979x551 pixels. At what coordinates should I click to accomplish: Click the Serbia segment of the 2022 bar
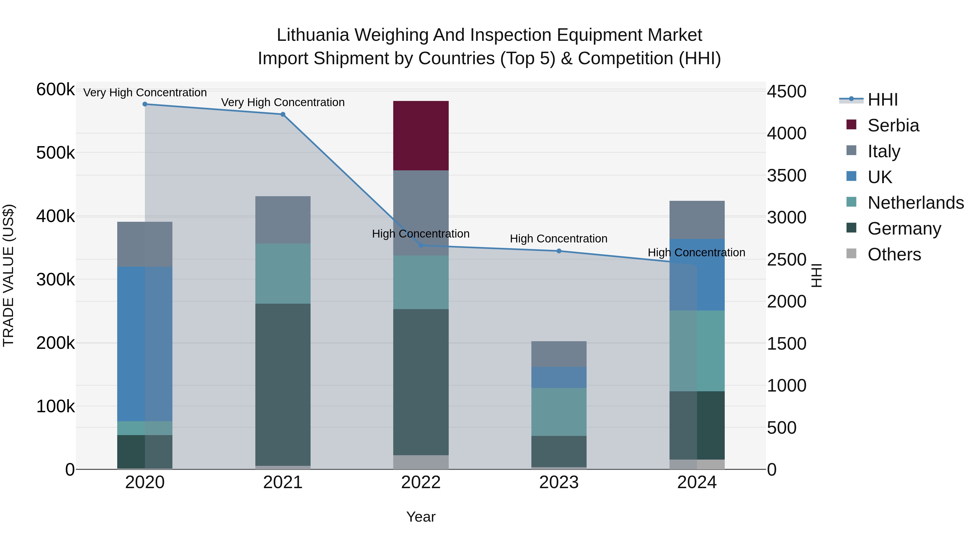point(421,136)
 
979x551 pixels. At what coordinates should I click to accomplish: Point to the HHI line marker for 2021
point(283,115)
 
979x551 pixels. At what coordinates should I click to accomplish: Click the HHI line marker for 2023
point(559,251)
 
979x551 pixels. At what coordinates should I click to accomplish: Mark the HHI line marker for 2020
point(145,104)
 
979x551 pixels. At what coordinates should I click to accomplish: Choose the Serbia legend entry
point(893,125)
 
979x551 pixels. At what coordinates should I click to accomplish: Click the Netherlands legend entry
point(915,203)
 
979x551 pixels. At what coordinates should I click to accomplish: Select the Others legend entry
point(894,254)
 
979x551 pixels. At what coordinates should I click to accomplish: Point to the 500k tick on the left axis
point(55,153)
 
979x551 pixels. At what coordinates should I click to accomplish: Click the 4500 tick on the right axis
point(786,92)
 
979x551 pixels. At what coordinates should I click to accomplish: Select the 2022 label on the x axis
point(421,482)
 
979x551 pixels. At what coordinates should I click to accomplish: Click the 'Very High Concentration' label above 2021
point(283,102)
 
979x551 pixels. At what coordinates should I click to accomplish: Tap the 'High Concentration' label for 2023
point(558,239)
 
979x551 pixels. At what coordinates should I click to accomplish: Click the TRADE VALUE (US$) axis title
point(9,275)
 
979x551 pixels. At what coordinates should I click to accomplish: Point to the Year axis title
point(421,517)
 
